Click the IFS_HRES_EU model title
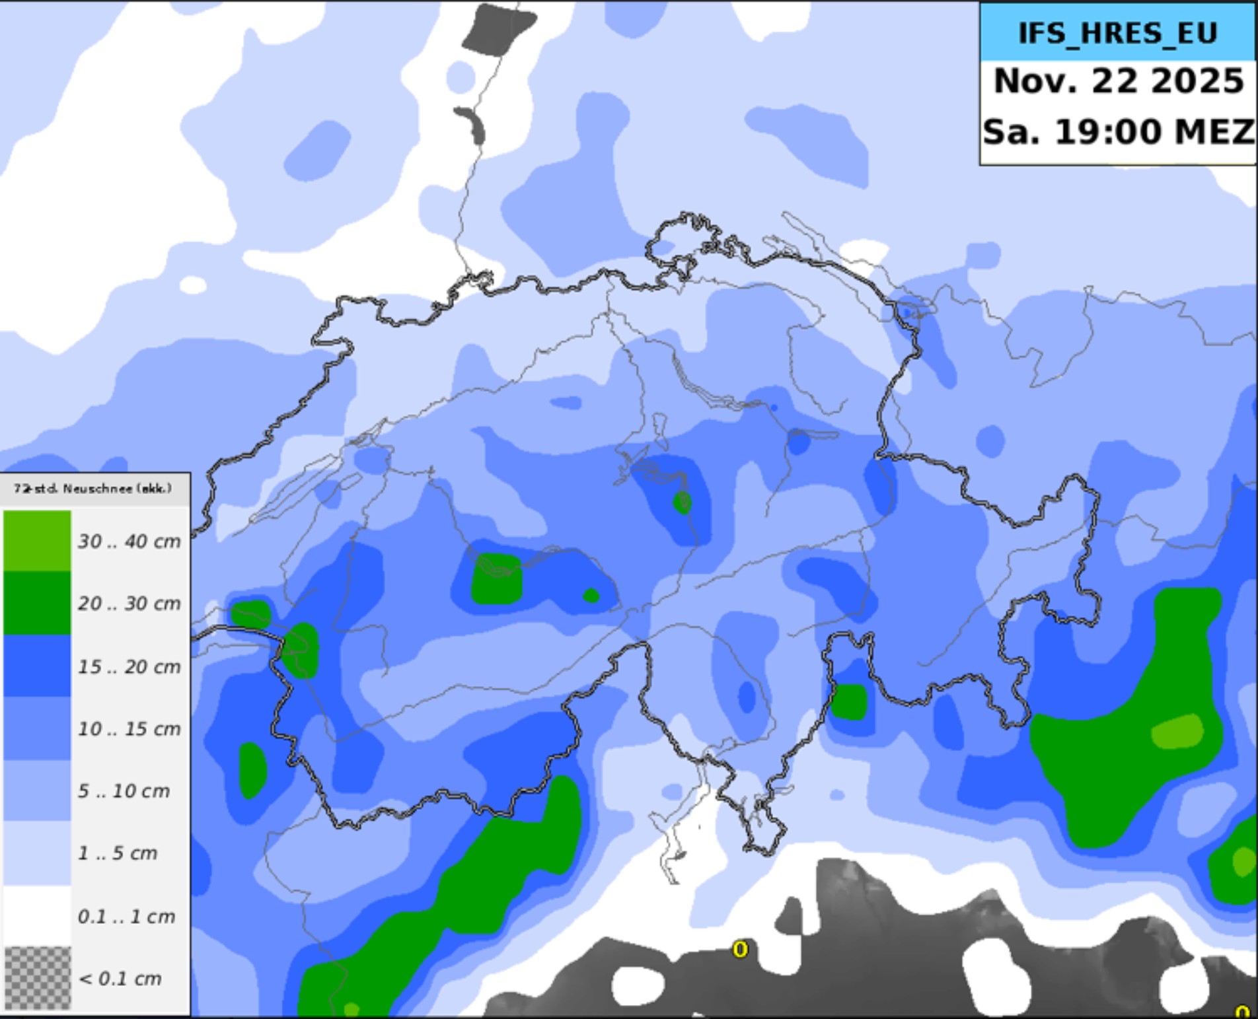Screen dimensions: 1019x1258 1117,33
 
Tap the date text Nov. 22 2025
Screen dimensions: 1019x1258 1118,81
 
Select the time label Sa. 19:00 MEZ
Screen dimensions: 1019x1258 1118,131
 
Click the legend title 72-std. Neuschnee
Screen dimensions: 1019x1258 92,489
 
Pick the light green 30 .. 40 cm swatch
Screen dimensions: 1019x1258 37,540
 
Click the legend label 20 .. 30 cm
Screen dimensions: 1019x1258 129,604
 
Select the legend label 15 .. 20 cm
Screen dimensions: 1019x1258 129,667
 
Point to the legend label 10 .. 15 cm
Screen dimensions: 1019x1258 129,729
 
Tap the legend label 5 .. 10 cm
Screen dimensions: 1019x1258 124,791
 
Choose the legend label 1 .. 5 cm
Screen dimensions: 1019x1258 118,853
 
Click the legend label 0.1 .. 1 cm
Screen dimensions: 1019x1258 126,917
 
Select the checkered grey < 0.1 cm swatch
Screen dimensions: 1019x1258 37,978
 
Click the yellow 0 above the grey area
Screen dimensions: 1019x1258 740,950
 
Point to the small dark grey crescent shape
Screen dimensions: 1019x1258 472,123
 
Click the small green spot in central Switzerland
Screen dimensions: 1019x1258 683,503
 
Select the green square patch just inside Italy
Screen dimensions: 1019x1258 848,702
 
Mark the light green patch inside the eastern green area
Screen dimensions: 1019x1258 1177,732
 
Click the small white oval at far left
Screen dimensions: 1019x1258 193,285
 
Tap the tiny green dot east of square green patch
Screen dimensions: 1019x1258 591,596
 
